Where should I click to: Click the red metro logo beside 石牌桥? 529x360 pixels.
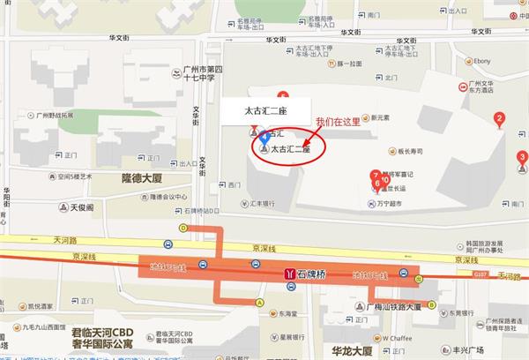pyautogui.click(x=288, y=274)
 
